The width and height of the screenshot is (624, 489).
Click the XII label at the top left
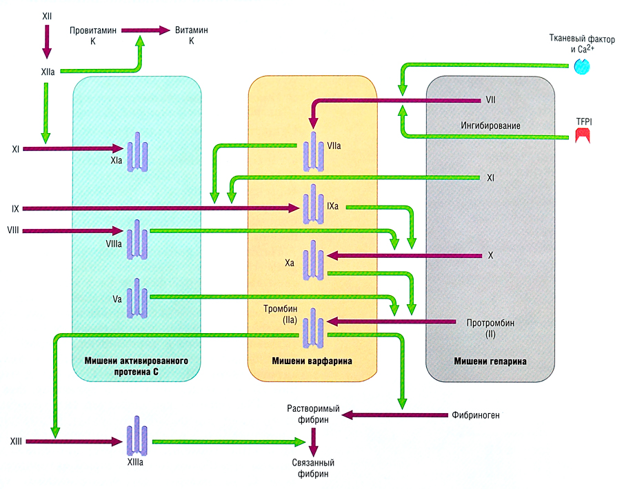47,14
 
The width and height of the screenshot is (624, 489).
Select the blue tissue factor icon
581,64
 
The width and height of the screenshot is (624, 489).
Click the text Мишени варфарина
312,361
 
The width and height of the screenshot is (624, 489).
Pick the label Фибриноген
475,416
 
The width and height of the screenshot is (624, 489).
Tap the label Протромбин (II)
490,328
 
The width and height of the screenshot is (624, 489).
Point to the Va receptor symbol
137,298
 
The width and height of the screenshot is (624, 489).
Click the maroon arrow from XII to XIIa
47,42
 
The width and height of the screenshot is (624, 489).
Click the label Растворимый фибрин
308,413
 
